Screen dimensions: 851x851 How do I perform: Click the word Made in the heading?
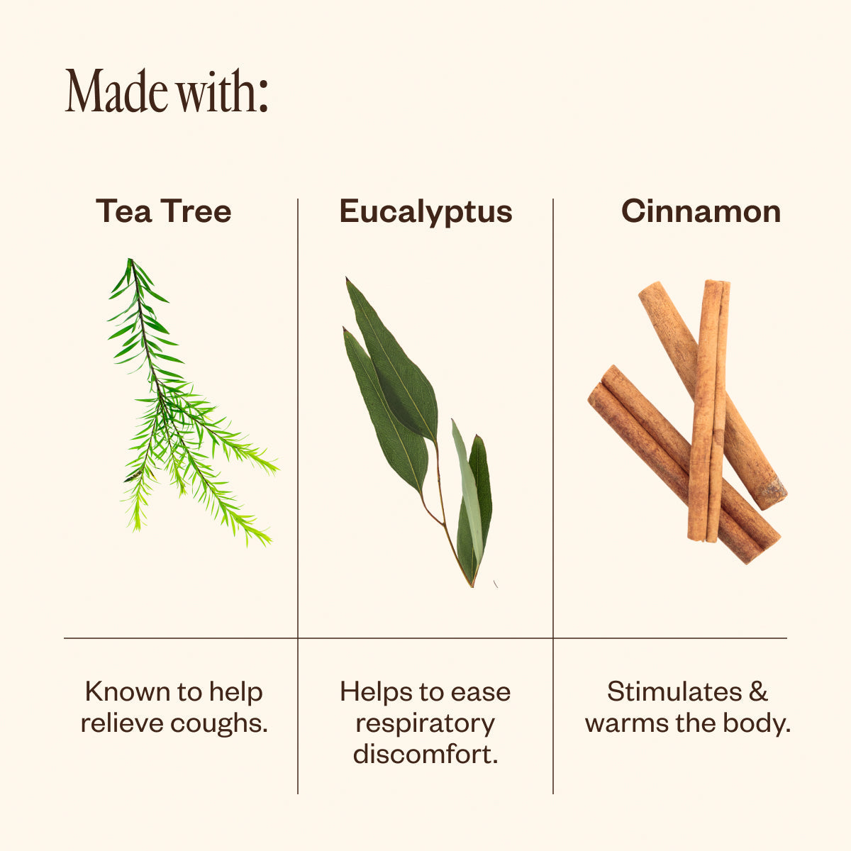116,91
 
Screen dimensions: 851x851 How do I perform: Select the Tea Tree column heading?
163,211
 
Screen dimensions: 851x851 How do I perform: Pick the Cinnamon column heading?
701,211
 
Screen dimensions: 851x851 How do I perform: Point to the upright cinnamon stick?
708,411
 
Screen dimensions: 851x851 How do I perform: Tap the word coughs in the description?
219,725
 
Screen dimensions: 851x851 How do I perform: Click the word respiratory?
425,725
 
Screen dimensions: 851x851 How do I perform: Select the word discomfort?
425,753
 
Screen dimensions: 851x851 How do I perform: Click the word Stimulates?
674,691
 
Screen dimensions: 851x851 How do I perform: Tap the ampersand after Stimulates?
758,691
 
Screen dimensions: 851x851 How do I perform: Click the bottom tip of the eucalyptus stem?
472,587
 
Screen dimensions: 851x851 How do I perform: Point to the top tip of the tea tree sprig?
130,260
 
